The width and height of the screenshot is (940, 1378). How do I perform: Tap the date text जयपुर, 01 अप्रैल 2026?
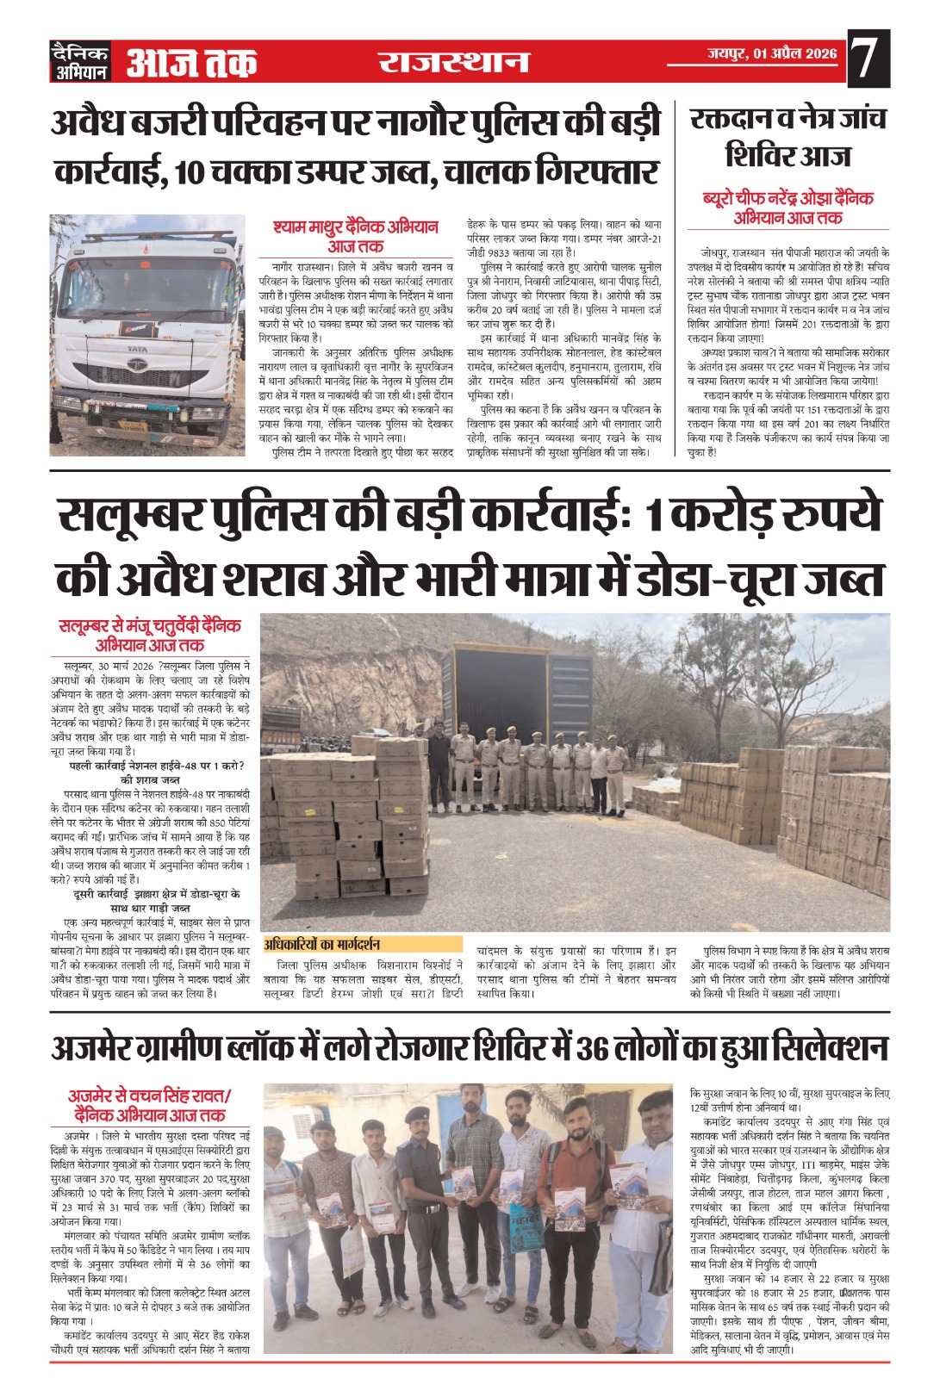click(x=772, y=54)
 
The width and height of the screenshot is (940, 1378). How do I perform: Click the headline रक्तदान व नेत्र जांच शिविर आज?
click(x=787, y=136)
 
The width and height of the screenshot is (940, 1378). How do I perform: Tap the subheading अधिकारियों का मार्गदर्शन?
click(x=322, y=944)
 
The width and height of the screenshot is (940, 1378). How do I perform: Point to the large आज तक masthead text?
click(x=191, y=62)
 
